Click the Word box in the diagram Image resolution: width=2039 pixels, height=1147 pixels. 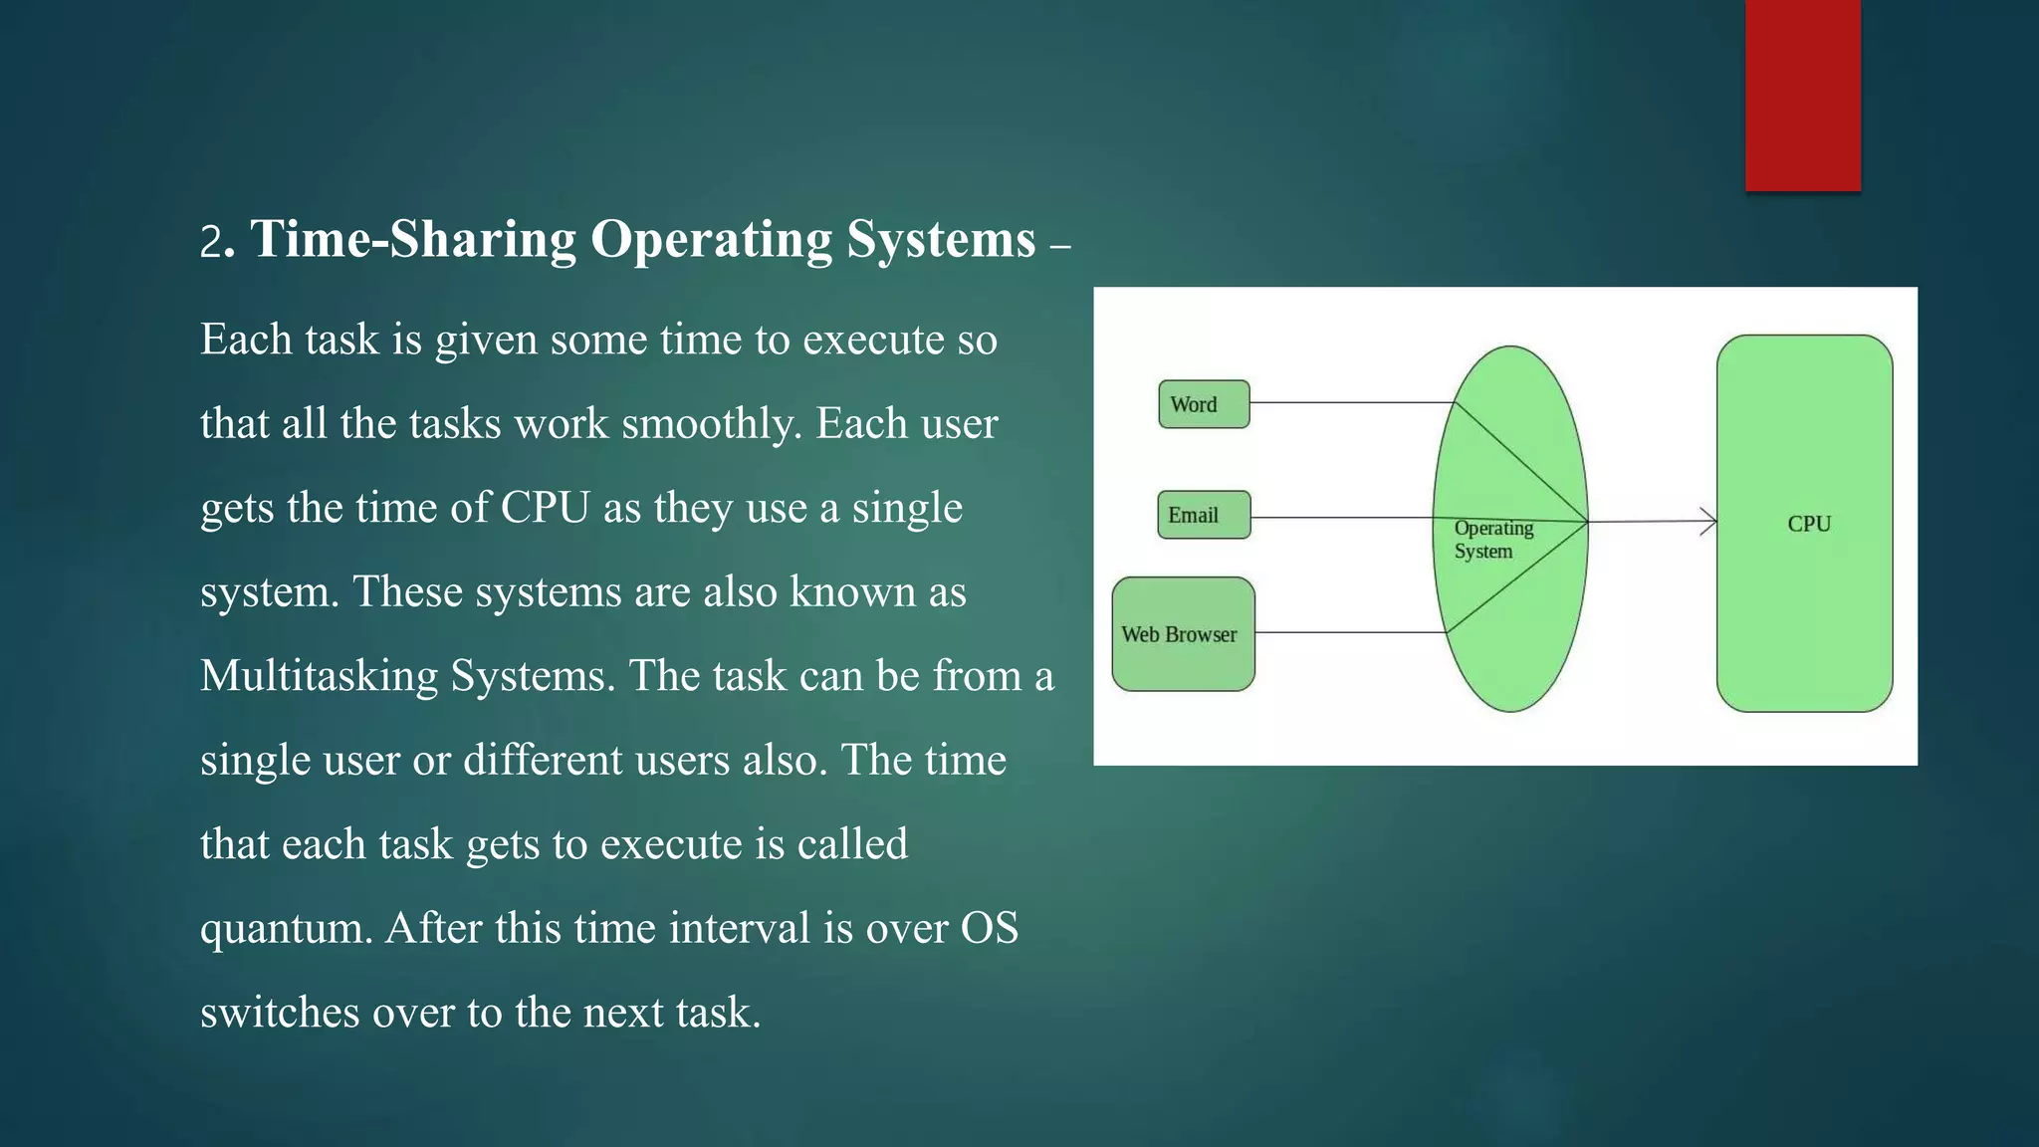point(1204,404)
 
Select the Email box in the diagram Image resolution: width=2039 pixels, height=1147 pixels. point(1204,515)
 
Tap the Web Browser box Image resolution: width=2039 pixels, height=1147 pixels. point(1183,634)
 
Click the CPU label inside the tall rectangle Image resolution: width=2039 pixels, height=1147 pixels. point(1808,524)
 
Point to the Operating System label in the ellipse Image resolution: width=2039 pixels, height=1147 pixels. point(1492,540)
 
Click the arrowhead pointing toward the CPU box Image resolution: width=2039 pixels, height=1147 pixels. point(1708,522)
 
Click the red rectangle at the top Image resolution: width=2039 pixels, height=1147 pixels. point(1802,95)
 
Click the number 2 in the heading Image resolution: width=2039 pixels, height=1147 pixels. point(210,243)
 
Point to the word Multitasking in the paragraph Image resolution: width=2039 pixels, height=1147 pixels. point(319,677)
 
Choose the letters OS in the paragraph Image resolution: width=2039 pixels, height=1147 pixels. point(989,929)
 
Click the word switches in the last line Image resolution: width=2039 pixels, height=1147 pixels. point(279,1013)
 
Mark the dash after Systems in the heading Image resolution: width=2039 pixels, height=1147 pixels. point(1059,245)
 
